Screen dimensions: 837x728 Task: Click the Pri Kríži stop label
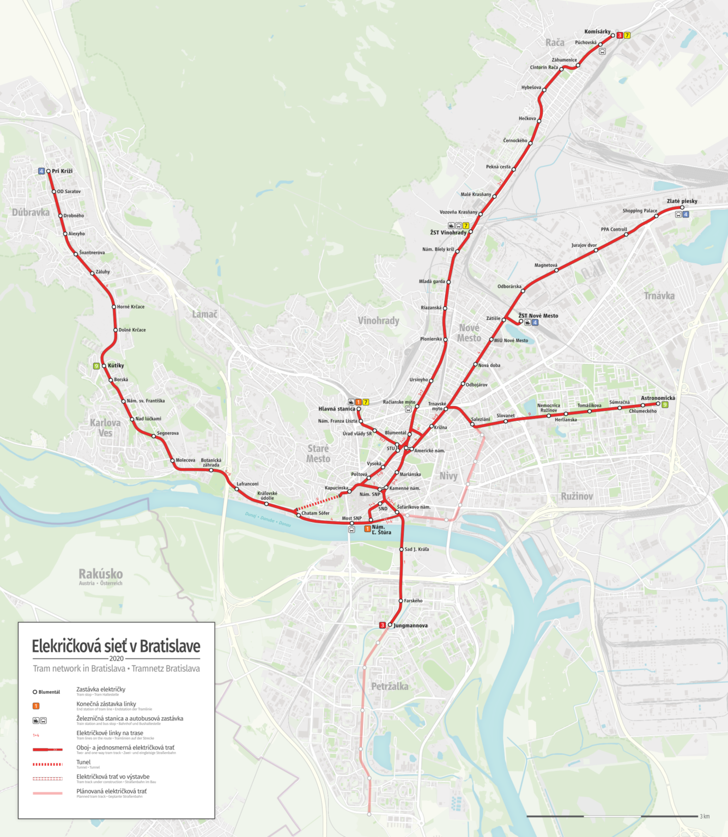(x=62, y=171)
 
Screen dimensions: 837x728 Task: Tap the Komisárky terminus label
(x=597, y=32)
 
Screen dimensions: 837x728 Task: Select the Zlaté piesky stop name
(x=682, y=201)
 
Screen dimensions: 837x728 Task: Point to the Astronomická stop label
(x=658, y=398)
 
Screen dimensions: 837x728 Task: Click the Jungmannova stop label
(x=410, y=626)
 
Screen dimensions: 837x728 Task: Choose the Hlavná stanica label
(x=337, y=409)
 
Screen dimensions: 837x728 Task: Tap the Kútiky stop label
(x=116, y=366)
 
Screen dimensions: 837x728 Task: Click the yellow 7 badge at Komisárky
(x=627, y=35)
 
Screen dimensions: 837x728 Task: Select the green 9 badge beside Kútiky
(x=96, y=366)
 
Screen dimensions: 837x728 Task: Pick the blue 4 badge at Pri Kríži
(x=41, y=171)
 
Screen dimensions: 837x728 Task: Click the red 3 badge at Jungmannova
(x=383, y=625)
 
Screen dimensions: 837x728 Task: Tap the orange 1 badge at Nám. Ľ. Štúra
(x=367, y=529)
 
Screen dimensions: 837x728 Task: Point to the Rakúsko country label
(x=100, y=574)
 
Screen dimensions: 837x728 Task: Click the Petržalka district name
(x=390, y=686)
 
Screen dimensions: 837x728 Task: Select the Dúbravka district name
(x=31, y=213)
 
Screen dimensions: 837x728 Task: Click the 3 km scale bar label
(x=705, y=816)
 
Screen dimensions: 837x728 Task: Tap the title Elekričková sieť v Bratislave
(x=116, y=646)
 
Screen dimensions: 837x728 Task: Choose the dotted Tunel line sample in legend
(x=47, y=765)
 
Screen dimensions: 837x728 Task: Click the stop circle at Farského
(x=401, y=601)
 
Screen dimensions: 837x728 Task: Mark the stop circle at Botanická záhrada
(x=211, y=470)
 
